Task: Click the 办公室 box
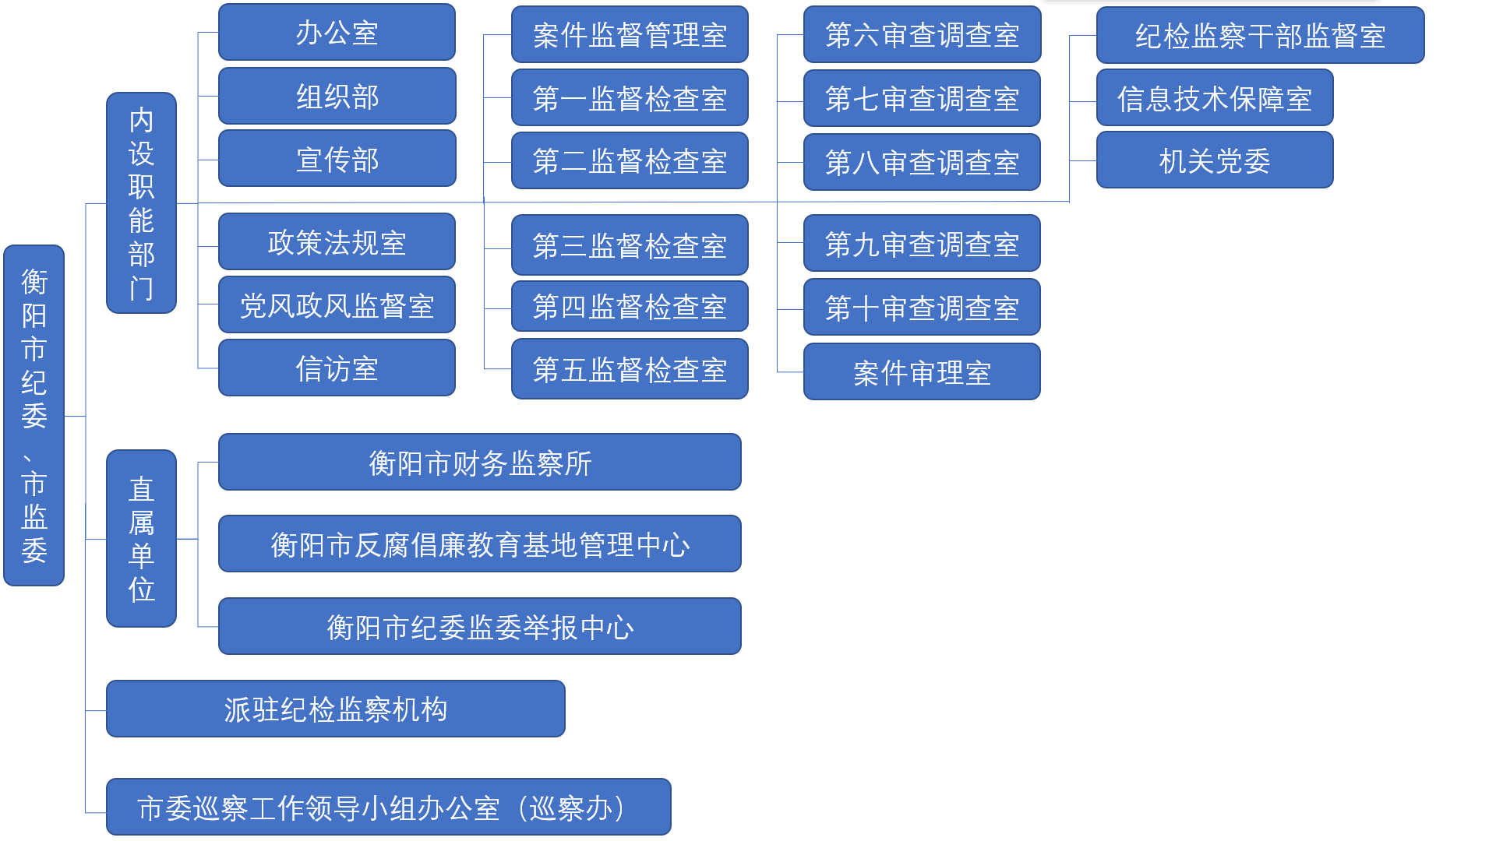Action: [337, 33]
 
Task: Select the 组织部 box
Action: [337, 97]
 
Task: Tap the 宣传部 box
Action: [337, 159]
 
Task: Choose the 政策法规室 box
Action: [337, 242]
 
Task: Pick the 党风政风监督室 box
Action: [337, 305]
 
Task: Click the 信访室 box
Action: [337, 368]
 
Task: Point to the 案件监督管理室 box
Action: [630, 35]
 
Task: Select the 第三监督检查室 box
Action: [630, 245]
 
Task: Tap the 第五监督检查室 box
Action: [630, 369]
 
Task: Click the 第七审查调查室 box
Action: [922, 99]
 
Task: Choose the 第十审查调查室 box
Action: [922, 308]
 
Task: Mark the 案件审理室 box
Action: [922, 372]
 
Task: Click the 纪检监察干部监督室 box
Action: [1260, 36]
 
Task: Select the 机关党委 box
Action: [1215, 160]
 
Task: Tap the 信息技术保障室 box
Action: [1215, 98]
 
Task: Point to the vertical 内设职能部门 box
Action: [141, 203]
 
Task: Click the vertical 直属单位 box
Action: [141, 539]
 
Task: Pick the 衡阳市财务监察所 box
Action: [480, 463]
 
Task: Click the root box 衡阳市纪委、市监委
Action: [34, 416]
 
